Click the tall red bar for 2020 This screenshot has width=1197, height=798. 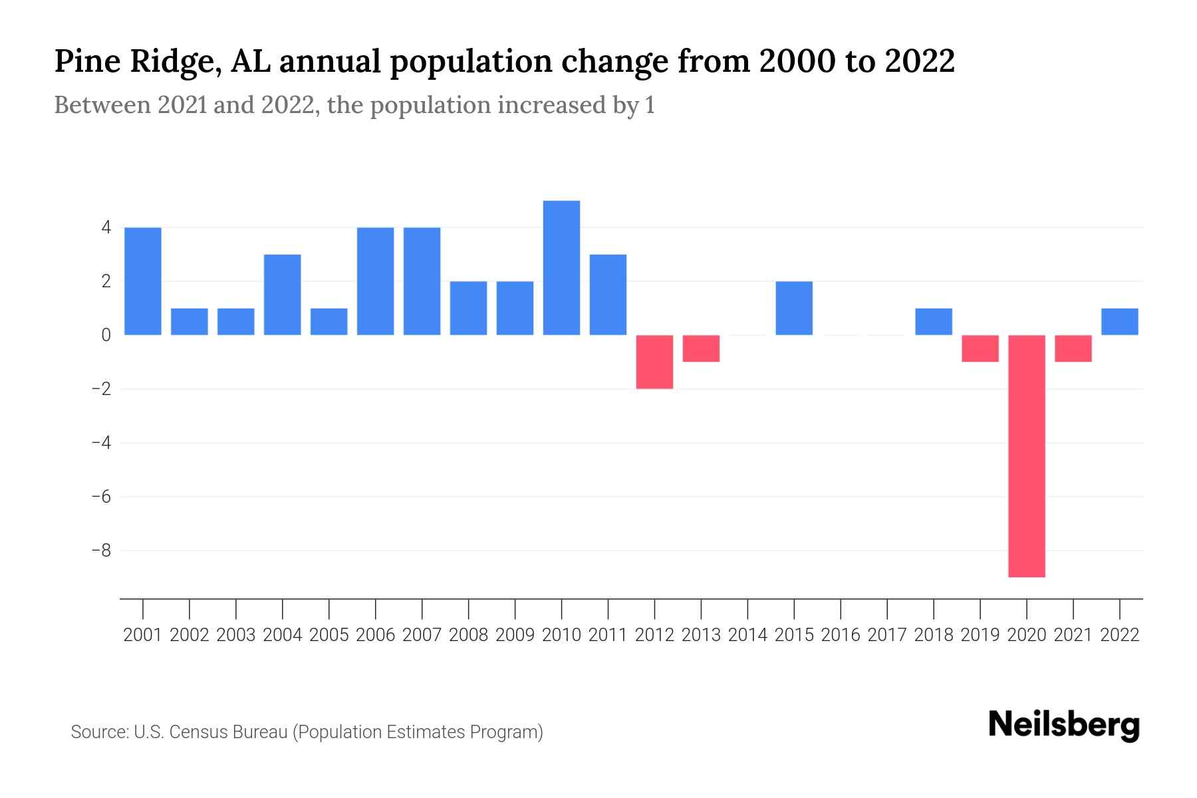pos(1027,456)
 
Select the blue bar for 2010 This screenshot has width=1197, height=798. pos(561,267)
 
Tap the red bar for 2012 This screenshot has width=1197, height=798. pos(654,361)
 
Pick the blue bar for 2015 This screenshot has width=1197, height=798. pos(794,308)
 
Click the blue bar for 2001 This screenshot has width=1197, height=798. pos(143,281)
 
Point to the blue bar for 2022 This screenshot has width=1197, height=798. pos(1120,321)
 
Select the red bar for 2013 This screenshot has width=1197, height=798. pos(701,348)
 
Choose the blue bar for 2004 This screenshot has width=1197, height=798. pos(283,294)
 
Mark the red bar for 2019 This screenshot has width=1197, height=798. pos(980,348)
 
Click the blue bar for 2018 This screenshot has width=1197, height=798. pos(934,321)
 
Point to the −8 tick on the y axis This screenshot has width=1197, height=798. pos(101,551)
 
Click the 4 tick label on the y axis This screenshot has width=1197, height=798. pos(106,227)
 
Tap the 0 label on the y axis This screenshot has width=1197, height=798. pos(106,335)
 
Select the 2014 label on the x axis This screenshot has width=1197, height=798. pos(747,635)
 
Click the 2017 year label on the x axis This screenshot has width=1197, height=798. pos(887,635)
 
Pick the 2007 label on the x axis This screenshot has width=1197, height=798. pos(422,635)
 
